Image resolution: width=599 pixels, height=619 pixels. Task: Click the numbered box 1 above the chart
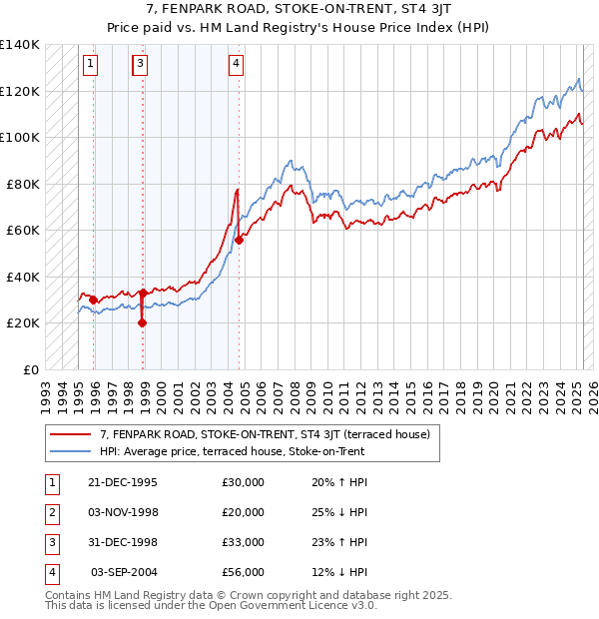pos(90,65)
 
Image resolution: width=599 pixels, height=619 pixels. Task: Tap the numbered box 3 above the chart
pos(141,65)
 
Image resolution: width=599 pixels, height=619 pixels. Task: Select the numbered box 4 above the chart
pos(237,65)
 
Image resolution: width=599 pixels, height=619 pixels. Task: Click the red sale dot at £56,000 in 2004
pos(240,240)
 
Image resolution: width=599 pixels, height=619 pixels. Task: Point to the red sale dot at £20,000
pos(142,322)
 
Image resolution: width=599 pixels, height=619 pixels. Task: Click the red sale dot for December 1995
pos(93,300)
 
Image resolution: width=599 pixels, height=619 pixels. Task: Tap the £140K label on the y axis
pos(20,45)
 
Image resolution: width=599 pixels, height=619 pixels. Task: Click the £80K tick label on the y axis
pos(23,184)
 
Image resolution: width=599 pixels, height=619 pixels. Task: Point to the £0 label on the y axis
pos(30,369)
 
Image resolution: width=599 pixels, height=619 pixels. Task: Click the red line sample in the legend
pos(70,435)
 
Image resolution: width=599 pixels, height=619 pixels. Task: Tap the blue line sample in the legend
pos(70,451)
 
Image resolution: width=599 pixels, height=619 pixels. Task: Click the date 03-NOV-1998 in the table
pos(124,512)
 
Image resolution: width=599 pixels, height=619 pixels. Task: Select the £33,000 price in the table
pos(243,542)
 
